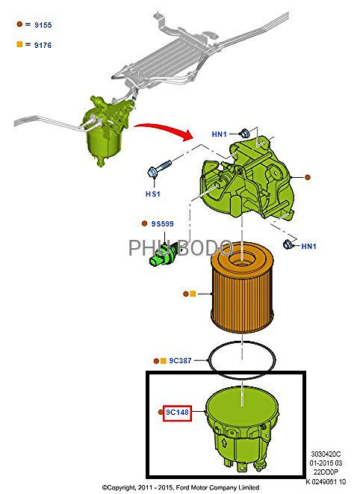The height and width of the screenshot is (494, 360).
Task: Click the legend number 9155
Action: (43, 25)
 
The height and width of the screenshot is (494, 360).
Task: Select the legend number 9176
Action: (43, 45)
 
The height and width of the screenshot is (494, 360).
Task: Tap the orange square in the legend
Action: (19, 44)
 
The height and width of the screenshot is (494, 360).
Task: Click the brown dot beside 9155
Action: (19, 24)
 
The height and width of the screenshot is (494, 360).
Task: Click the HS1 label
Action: (153, 194)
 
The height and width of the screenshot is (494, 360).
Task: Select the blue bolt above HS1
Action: (159, 169)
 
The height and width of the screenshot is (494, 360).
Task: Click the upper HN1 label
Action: (220, 135)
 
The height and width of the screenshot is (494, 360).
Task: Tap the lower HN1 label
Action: (308, 246)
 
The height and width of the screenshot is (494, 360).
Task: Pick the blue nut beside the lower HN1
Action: (288, 244)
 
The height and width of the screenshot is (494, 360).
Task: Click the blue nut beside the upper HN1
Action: (245, 133)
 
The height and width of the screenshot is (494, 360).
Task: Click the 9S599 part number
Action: (163, 223)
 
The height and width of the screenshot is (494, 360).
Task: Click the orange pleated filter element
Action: (242, 287)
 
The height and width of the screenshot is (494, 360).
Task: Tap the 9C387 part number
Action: (180, 361)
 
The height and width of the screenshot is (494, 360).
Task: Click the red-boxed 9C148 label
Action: (177, 413)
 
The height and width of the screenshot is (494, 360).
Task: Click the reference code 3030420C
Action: (326, 454)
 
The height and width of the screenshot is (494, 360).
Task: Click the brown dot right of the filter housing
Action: (308, 177)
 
